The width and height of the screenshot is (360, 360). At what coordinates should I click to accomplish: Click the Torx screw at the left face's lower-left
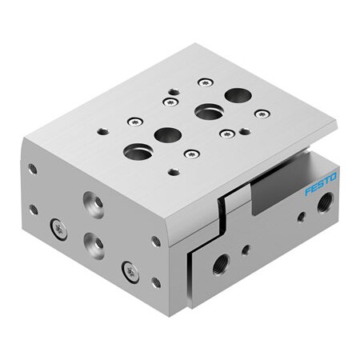57,229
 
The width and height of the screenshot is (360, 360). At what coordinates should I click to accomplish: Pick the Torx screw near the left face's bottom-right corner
126,267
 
